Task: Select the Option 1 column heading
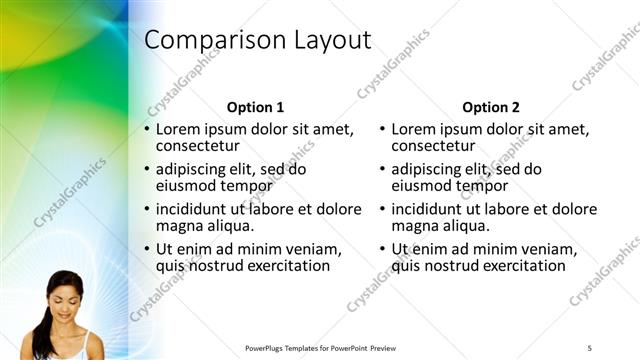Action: click(255, 107)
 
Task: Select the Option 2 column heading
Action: click(491, 107)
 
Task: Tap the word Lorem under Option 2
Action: click(414, 129)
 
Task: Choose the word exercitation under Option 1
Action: click(280, 265)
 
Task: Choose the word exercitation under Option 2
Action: click(516, 265)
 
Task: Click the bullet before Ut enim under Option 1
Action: click(147, 249)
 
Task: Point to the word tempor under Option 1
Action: click(249, 185)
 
